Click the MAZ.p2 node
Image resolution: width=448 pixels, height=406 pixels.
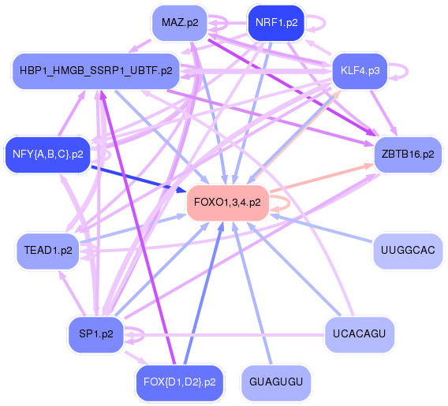coord(180,23)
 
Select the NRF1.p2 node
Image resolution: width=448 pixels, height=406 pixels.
coord(276,23)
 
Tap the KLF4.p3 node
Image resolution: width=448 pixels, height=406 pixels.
coord(360,70)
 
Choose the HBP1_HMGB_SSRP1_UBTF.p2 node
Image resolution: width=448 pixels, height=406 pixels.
coord(96,70)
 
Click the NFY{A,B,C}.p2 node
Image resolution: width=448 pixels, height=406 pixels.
coord(47,155)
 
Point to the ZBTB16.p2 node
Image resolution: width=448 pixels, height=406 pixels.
coord(408,155)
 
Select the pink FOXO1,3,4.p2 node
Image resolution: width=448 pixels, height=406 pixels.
coord(227,203)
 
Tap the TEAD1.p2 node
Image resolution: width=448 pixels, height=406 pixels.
coord(47,251)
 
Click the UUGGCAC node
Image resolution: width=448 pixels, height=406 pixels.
coord(408,251)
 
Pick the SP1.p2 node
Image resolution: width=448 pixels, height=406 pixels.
coord(96,334)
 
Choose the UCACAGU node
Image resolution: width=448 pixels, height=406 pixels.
coord(359,334)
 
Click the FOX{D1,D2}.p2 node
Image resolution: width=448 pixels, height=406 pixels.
coord(179,382)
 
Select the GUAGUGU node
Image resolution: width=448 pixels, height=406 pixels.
coord(276,382)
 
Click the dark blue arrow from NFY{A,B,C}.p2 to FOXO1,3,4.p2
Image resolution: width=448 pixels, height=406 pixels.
coord(139,179)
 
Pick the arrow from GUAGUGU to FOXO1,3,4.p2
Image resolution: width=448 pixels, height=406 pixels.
coord(252,293)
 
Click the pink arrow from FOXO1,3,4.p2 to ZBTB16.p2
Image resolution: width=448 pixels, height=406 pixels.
coord(322,177)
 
